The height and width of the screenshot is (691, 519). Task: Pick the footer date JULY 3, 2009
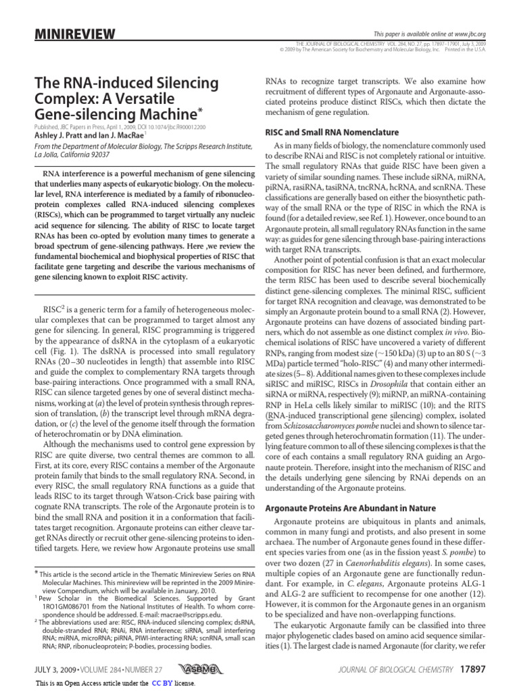(x=57, y=669)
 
